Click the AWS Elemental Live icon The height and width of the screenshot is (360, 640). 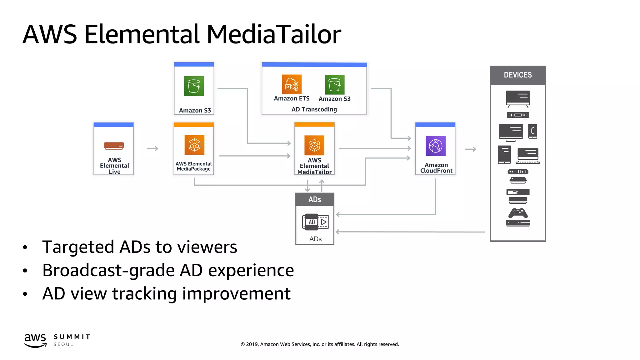[114, 146]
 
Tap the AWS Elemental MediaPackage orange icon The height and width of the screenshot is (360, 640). [194, 145]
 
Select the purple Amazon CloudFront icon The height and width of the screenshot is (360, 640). [435, 146]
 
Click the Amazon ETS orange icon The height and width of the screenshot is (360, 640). [292, 84]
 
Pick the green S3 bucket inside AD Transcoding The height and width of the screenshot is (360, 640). [334, 85]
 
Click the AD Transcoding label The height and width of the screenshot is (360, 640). [314, 109]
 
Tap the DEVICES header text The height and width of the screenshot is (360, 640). [517, 75]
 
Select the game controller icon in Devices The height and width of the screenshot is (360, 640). [518, 213]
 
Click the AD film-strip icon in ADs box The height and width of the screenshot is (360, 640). [315, 222]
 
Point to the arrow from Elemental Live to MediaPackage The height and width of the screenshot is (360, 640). [153, 149]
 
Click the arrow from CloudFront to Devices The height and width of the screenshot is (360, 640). [471, 149]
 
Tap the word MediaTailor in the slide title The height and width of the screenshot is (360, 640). [273, 34]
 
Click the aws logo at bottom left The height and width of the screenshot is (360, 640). [35, 340]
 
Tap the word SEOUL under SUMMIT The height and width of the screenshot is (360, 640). [63, 344]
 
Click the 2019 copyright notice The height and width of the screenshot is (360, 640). [320, 344]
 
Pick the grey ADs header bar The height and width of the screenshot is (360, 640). [315, 199]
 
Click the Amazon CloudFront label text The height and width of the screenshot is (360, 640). [436, 168]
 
